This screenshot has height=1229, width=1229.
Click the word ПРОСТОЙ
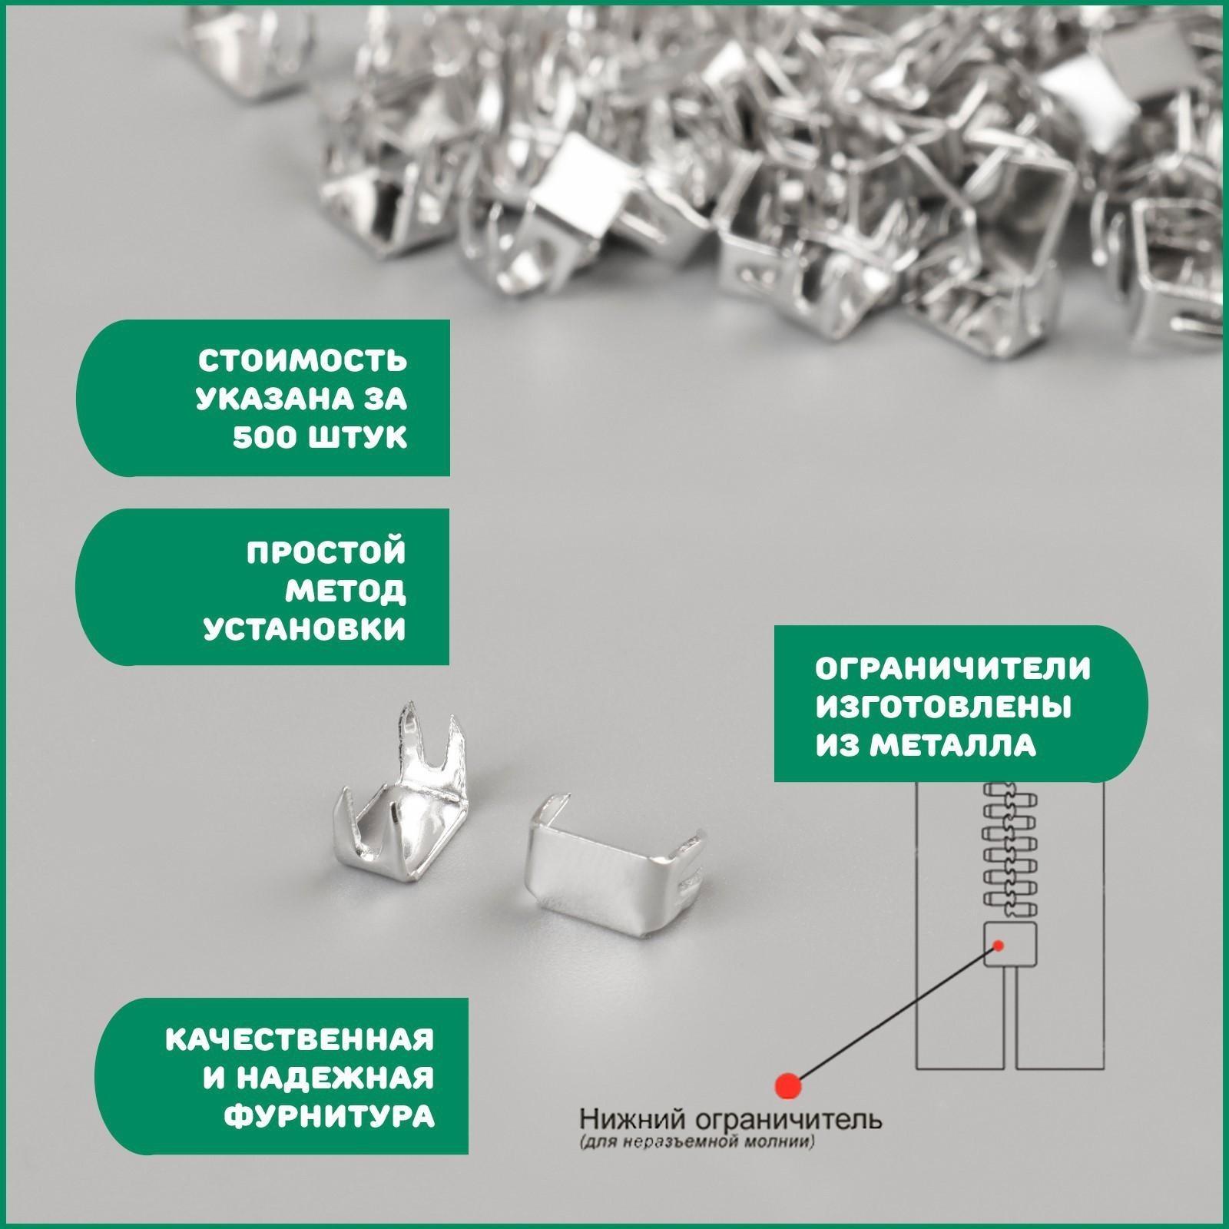tap(326, 552)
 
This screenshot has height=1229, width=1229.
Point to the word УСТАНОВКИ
tap(304, 629)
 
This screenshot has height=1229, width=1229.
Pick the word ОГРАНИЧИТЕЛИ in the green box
tap(952, 668)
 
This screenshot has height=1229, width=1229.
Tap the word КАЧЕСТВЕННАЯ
tap(300, 1040)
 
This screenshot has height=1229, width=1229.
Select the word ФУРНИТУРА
tap(330, 1117)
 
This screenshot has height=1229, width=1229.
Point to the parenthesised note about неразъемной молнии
tap(697, 1164)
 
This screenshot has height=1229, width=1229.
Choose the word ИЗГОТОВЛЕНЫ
tap(943, 707)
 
